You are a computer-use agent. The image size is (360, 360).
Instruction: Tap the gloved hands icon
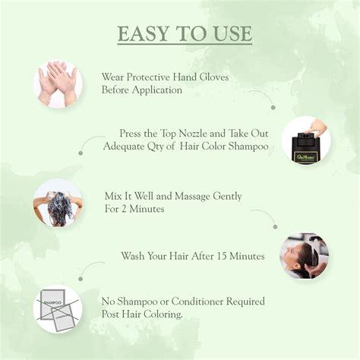coord(58,84)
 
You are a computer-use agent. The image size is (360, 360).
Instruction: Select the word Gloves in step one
coord(210,77)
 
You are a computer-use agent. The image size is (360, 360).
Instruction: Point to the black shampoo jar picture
coord(306,141)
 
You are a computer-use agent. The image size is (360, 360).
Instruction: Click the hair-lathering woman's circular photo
coord(58,204)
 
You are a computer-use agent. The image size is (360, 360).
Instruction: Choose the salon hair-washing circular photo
coord(304,256)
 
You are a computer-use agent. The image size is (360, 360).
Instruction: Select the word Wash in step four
coord(133,256)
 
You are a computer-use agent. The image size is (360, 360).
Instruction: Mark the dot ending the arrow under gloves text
coord(273,108)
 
